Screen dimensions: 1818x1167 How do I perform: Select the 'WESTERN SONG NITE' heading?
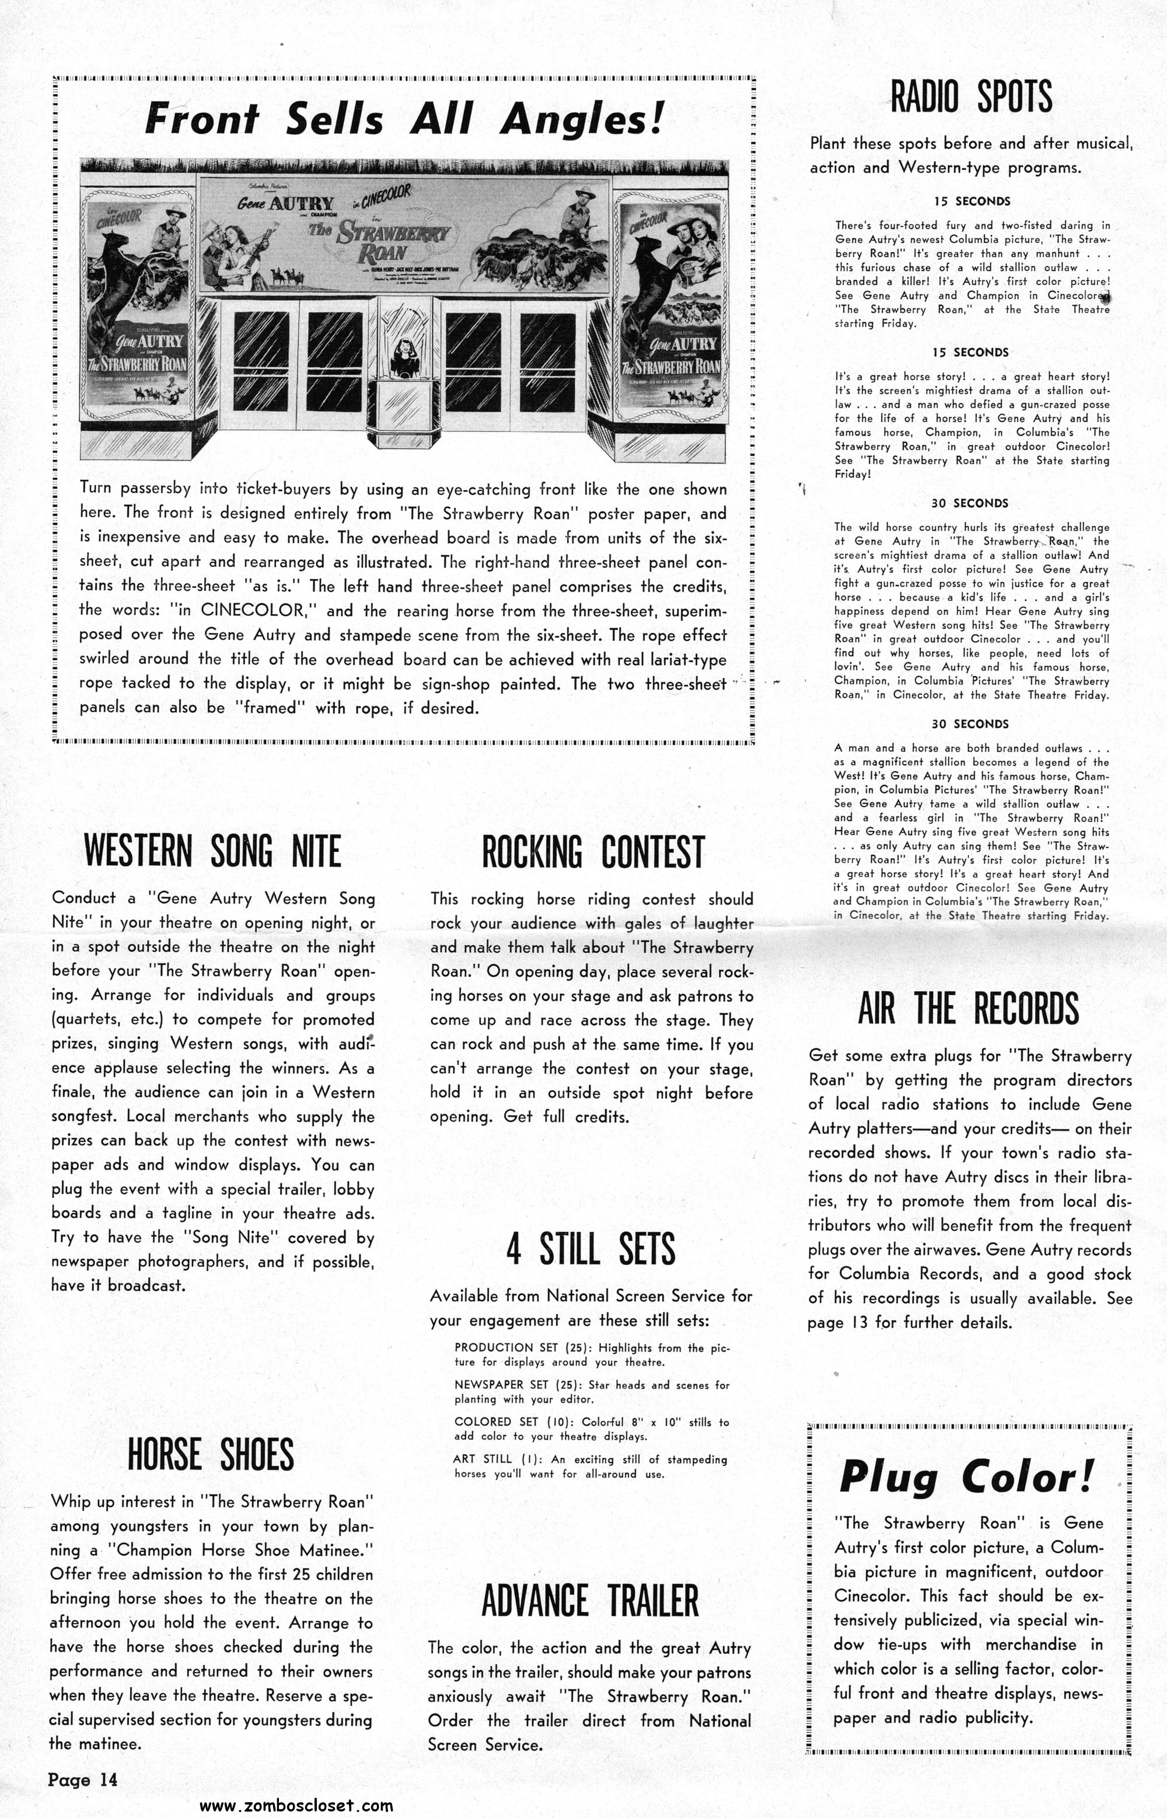click(x=212, y=851)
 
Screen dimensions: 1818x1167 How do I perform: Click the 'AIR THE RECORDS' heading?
click(x=969, y=1008)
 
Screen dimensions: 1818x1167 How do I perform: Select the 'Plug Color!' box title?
click(x=967, y=1478)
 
